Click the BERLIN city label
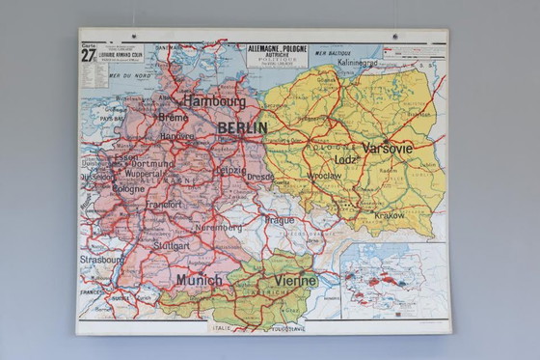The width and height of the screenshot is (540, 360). click(x=242, y=127)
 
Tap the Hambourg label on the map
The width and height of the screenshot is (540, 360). click(x=214, y=100)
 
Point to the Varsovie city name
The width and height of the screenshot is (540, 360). click(x=388, y=149)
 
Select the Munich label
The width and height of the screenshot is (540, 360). click(x=199, y=280)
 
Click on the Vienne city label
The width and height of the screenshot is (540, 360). click(x=295, y=280)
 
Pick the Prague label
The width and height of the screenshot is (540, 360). click(x=279, y=220)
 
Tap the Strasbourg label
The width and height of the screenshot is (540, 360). click(x=101, y=260)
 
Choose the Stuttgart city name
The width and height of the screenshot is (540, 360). click(x=172, y=246)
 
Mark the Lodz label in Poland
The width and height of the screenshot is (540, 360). click(x=346, y=159)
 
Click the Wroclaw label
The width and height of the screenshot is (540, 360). click(x=323, y=177)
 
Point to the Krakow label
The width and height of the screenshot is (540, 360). click(x=390, y=215)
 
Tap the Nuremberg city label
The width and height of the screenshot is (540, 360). click(x=218, y=228)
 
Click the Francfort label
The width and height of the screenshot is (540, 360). click(x=162, y=205)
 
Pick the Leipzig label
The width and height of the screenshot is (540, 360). click(x=230, y=170)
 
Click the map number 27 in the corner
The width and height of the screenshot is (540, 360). click(x=88, y=54)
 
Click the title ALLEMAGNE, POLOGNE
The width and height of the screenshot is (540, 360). click(x=277, y=47)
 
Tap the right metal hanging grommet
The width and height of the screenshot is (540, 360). click(x=394, y=37)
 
